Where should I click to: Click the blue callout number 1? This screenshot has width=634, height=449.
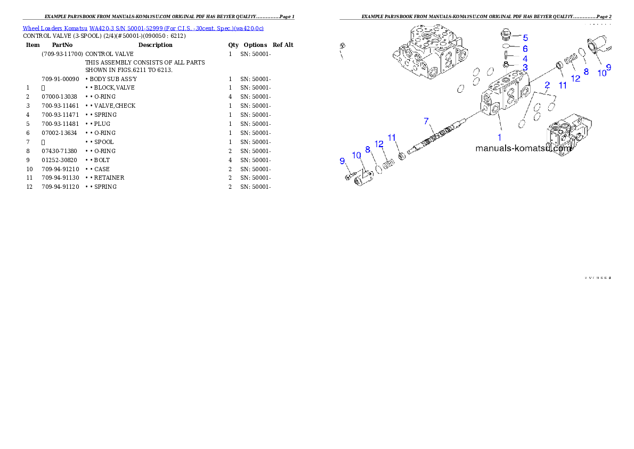(500, 137)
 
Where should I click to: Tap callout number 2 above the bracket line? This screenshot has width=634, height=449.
(547, 85)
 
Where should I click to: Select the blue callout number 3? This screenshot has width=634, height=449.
(525, 68)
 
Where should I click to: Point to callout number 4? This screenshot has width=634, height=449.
(525, 59)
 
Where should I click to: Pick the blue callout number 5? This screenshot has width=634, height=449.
(525, 38)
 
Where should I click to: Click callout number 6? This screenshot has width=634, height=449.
(525, 49)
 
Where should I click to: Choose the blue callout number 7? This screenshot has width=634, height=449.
(426, 121)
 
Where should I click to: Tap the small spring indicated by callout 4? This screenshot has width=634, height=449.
(508, 57)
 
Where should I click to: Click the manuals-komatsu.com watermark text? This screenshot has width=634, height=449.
(523, 149)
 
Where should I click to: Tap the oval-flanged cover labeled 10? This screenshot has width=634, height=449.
(595, 49)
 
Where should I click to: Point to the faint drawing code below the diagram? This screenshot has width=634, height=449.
(597, 278)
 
